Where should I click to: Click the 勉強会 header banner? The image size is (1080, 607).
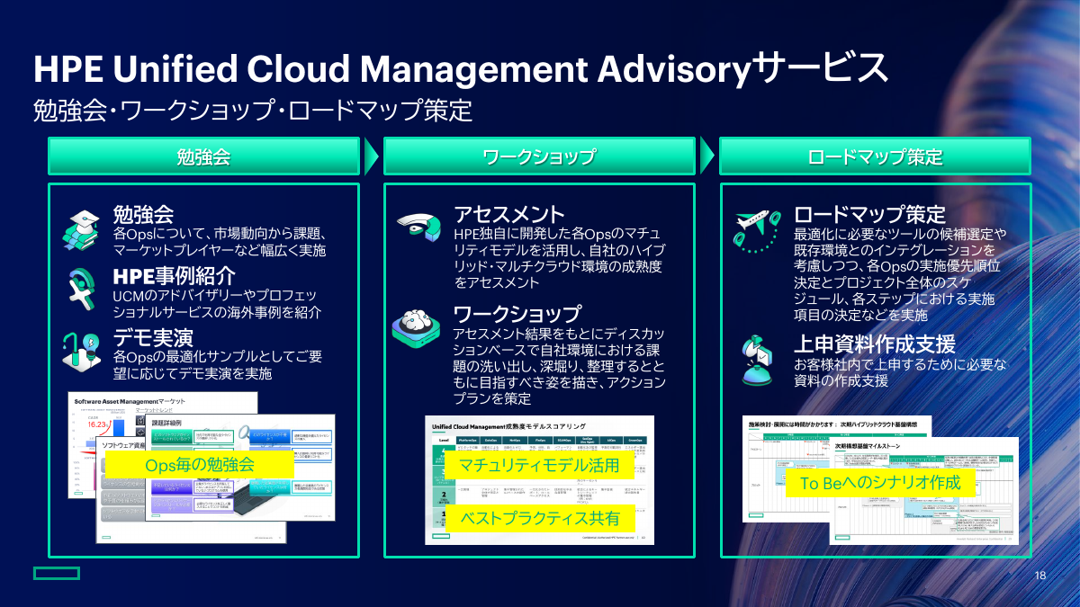tap(203, 156)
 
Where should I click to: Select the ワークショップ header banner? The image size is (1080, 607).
tap(539, 156)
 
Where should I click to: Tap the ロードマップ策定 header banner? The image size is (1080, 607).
tap(875, 156)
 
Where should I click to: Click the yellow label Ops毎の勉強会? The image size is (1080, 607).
tap(200, 464)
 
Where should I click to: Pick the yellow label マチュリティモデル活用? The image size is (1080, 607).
tap(539, 465)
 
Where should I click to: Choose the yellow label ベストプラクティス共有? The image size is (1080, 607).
tap(539, 518)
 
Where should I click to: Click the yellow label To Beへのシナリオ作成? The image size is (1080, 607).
tap(879, 483)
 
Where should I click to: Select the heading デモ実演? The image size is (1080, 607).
tap(152, 337)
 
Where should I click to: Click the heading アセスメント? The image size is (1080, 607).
tap(508, 214)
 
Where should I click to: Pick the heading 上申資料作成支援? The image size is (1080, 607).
tap(873, 344)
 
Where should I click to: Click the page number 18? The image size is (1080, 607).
tap(1040, 576)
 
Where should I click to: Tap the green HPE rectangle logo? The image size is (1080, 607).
tap(57, 574)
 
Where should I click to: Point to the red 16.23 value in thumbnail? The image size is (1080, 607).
tap(97, 425)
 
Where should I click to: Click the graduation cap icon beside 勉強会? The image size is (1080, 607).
tap(81, 229)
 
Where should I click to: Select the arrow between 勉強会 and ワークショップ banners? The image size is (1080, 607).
tap(371, 156)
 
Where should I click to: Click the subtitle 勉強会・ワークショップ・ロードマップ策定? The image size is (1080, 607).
tap(252, 111)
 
